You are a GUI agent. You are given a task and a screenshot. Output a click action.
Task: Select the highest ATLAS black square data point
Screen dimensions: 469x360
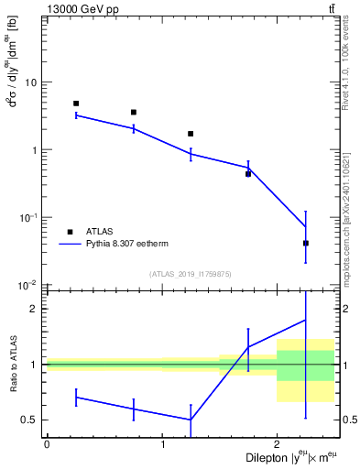[76, 104]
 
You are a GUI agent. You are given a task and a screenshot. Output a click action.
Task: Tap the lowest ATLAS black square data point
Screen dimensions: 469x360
[306, 243]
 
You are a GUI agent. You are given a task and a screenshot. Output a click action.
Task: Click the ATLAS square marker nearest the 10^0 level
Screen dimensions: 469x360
[191, 134]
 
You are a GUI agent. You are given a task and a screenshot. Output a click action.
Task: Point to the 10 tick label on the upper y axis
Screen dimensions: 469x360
[30, 82]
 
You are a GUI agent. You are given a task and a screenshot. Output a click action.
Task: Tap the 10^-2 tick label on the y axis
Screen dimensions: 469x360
[27, 285]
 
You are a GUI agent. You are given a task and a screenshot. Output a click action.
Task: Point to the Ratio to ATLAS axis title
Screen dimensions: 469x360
[12, 365]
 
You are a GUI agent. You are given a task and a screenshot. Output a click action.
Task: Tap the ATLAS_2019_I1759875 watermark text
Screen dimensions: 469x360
[191, 274]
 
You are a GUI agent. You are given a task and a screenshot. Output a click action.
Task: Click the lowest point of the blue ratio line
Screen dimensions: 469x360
[191, 420]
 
